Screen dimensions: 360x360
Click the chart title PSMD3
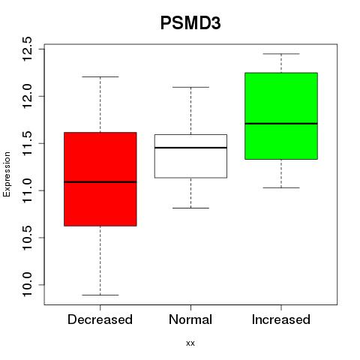point(190,23)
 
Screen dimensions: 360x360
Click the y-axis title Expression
point(7,174)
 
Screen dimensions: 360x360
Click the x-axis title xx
point(190,343)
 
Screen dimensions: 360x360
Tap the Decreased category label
point(100,319)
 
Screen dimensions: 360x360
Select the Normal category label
point(190,319)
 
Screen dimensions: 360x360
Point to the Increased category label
point(281,319)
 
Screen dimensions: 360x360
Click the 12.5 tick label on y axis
point(27,49)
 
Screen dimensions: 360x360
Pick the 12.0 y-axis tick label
point(27,96)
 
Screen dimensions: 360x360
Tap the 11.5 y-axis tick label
point(27,143)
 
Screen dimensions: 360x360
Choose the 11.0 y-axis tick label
point(27,190)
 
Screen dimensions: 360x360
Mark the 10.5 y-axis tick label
point(27,238)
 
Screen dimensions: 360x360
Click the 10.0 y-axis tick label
point(27,285)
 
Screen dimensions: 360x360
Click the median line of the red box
point(100,182)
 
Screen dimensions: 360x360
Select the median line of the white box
point(190,148)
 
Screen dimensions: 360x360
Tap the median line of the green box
point(281,124)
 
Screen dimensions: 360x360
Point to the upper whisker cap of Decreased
point(100,76)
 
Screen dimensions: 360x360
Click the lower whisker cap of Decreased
point(100,295)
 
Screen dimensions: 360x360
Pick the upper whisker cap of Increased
point(281,54)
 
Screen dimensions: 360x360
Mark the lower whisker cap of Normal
point(190,208)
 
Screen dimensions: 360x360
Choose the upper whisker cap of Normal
point(190,87)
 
